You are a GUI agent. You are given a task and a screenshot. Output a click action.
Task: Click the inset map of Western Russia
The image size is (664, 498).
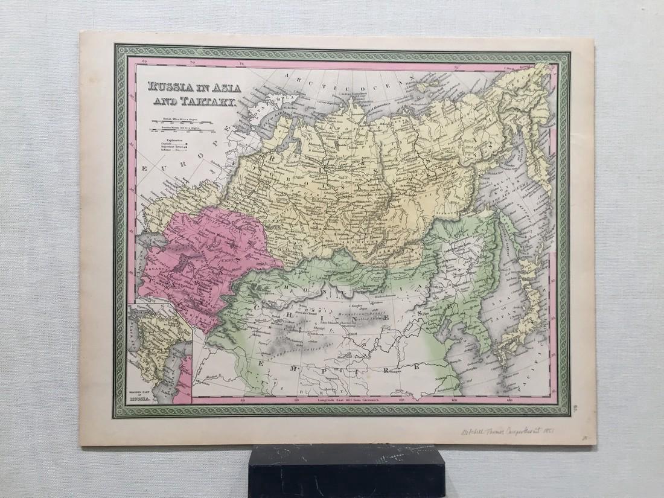click(159, 353)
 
